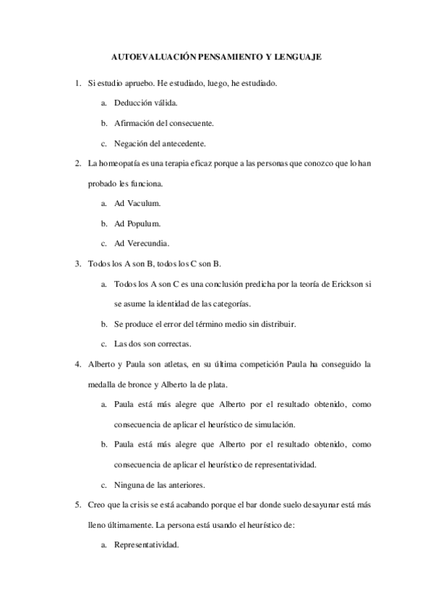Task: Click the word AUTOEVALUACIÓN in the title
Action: (150, 55)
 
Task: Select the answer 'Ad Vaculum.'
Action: (137, 203)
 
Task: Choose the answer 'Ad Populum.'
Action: (137, 223)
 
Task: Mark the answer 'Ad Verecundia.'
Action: (142, 242)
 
